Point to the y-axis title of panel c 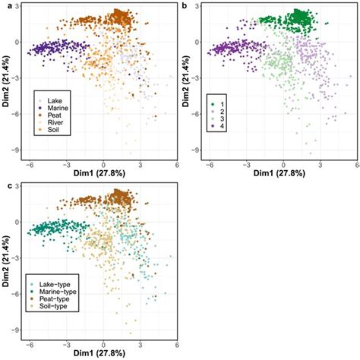pos(8,264)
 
